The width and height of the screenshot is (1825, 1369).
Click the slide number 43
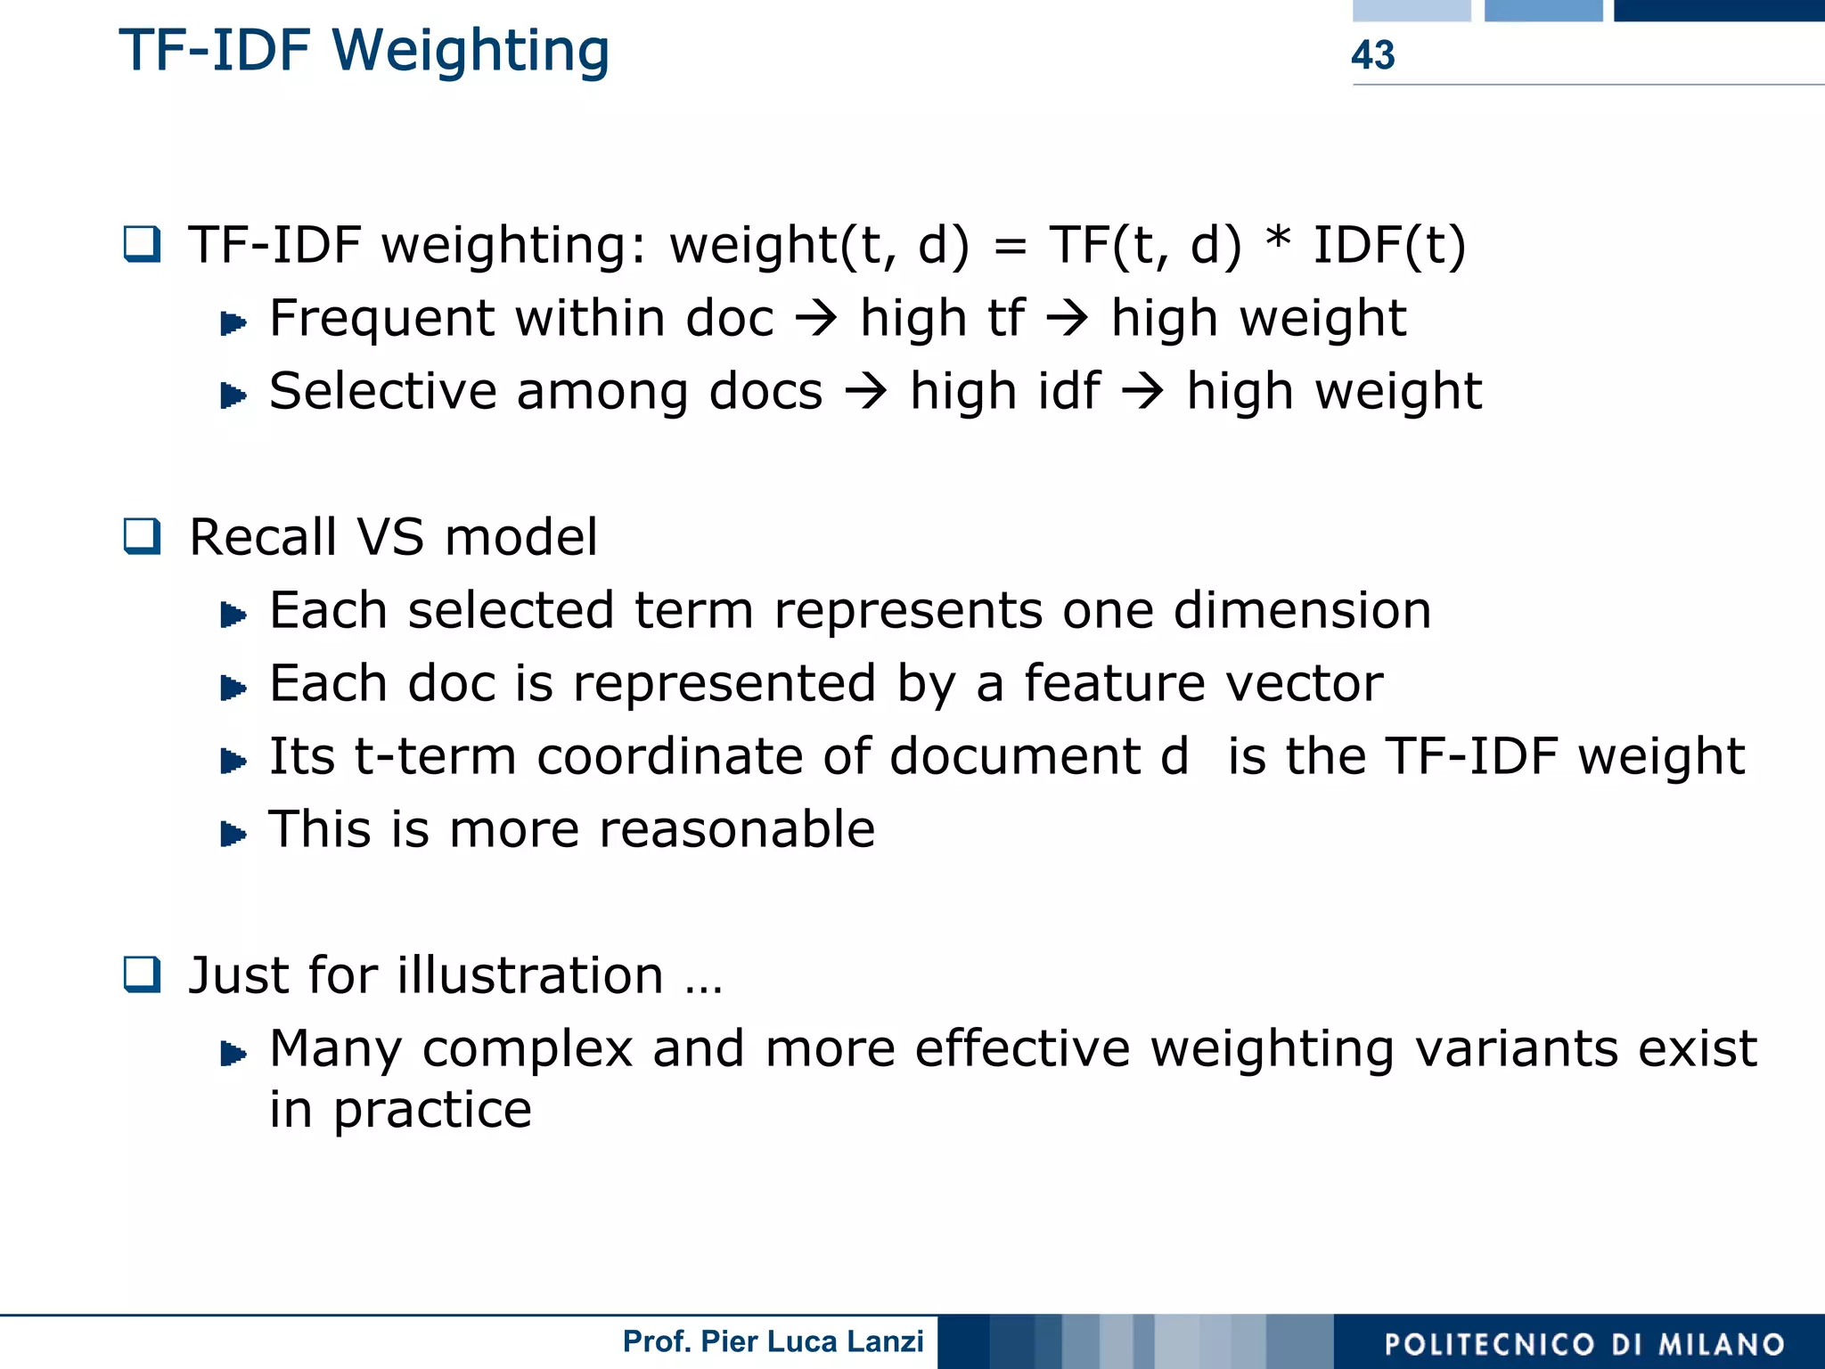[1372, 55]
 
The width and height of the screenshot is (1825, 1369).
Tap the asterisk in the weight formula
[1278, 239]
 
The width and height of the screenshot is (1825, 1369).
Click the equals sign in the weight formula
[1010, 247]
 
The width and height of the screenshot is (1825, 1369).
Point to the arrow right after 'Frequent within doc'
[816, 319]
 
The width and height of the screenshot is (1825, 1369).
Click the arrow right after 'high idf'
[1143, 392]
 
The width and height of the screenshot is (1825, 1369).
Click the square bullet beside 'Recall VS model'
[143, 536]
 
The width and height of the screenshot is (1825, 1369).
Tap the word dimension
[1302, 610]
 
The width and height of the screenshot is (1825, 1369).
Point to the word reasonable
[737, 829]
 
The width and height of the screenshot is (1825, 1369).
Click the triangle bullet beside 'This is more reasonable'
[233, 834]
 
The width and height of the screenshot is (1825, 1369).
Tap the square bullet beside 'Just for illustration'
[143, 974]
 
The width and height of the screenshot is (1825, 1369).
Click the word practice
[432, 1111]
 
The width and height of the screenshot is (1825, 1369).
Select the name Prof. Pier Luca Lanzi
[773, 1341]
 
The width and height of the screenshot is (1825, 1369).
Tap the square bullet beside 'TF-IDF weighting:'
[143, 244]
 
